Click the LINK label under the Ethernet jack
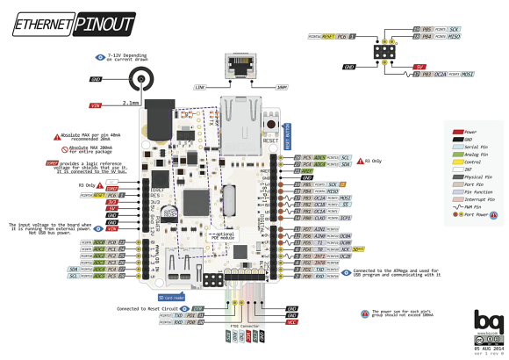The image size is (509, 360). coord(199,87)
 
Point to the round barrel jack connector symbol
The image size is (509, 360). coord(140,81)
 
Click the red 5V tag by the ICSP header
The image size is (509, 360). coord(420,65)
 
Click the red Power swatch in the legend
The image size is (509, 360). coord(457,131)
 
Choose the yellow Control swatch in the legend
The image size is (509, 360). coord(457,163)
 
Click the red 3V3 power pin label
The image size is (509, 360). coord(112,203)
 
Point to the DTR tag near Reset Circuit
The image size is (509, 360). coord(197,308)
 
